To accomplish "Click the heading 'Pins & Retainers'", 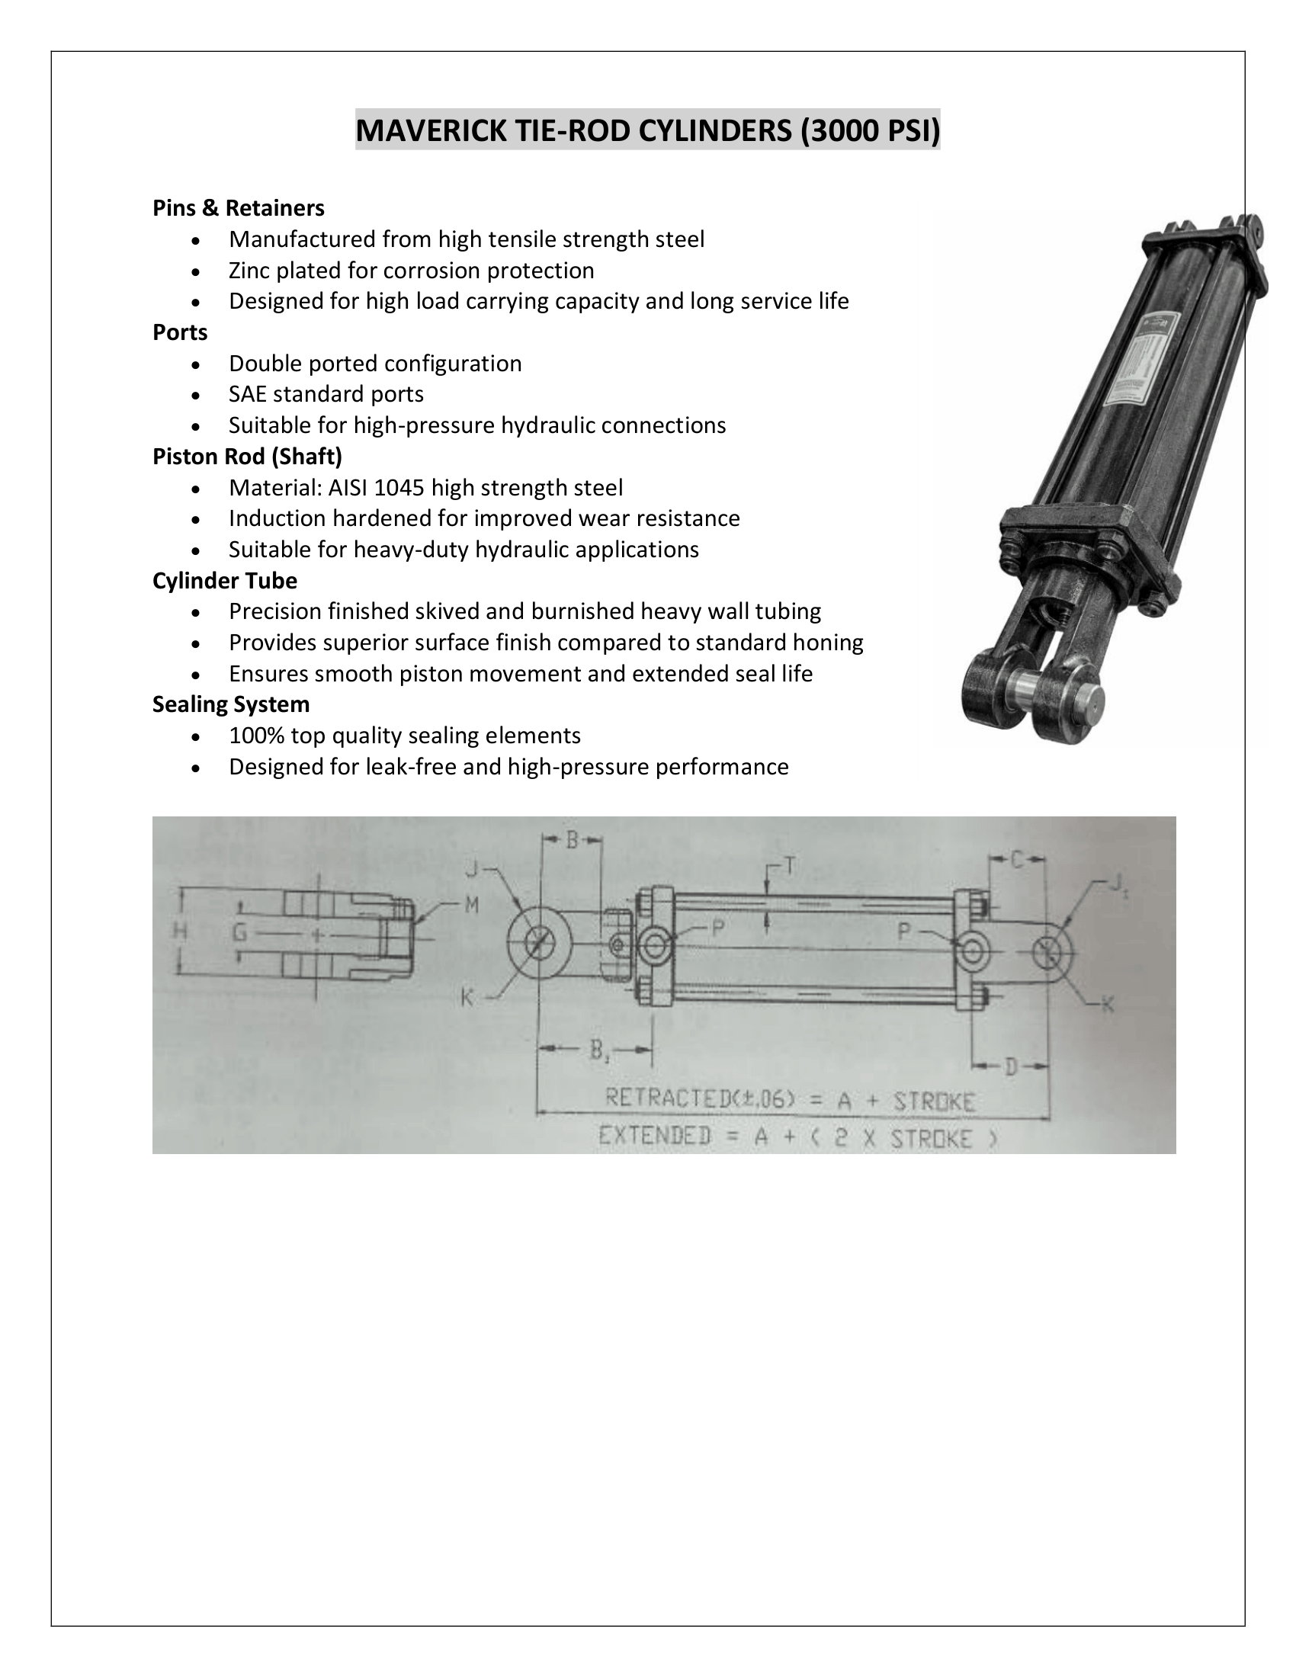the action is coord(238,208).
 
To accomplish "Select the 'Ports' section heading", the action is coord(180,332).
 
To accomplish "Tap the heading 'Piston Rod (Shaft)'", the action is coord(247,457).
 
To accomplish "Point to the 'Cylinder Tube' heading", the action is coord(224,581).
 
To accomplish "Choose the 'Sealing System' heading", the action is coord(230,704).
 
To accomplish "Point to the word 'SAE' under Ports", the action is coord(248,394).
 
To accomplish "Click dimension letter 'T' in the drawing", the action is coord(788,867).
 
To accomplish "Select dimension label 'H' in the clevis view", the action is coord(181,931).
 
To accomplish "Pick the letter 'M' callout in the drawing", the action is coord(472,906).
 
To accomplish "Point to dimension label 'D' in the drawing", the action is coord(1012,1066).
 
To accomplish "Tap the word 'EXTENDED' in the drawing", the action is coord(655,1135).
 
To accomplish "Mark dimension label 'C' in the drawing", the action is coord(1016,861).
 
